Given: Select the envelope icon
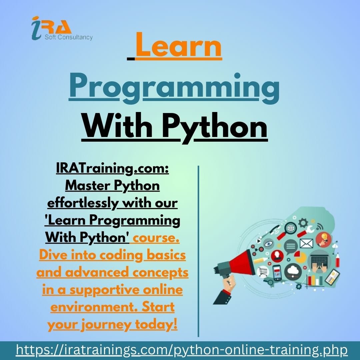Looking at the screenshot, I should tap(306, 244).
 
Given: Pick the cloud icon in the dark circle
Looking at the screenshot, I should tap(293, 272).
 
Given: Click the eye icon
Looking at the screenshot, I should tap(268, 244).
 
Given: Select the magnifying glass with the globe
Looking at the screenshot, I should tap(290, 229).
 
